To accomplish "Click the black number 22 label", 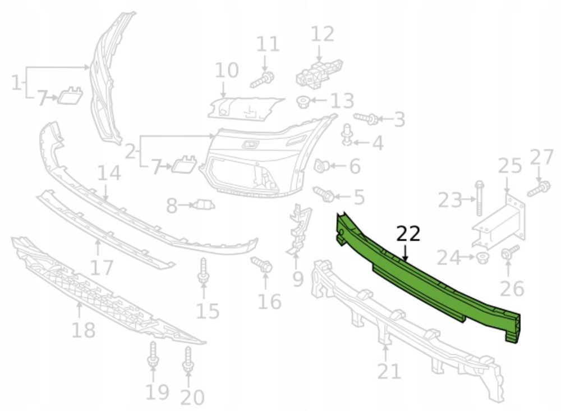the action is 408,234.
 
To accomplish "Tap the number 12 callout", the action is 323,34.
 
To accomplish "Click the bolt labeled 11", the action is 262,79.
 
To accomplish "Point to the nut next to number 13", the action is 304,102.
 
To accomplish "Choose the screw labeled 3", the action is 366,118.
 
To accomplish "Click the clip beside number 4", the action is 347,135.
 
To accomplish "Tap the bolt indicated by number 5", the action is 324,194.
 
